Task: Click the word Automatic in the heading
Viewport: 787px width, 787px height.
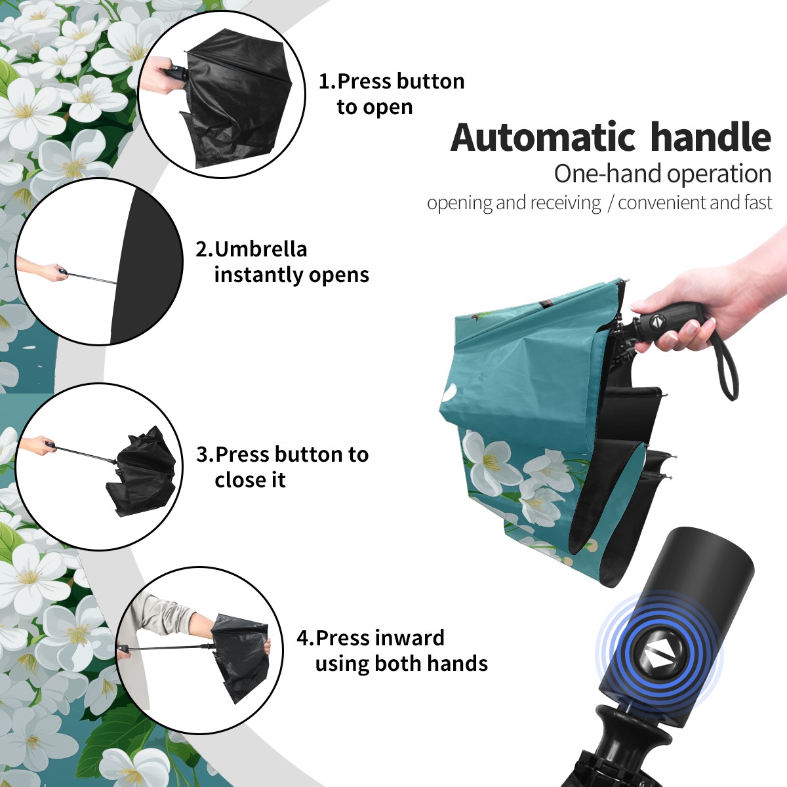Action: point(543,137)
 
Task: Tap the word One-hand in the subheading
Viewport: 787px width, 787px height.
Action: point(609,174)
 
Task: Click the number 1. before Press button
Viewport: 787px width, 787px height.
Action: point(327,81)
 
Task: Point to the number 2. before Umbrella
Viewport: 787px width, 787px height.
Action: point(205,249)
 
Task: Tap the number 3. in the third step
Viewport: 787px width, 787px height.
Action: point(205,454)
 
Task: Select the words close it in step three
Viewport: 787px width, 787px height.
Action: point(250,480)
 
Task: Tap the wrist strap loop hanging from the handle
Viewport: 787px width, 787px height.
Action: point(727,367)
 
